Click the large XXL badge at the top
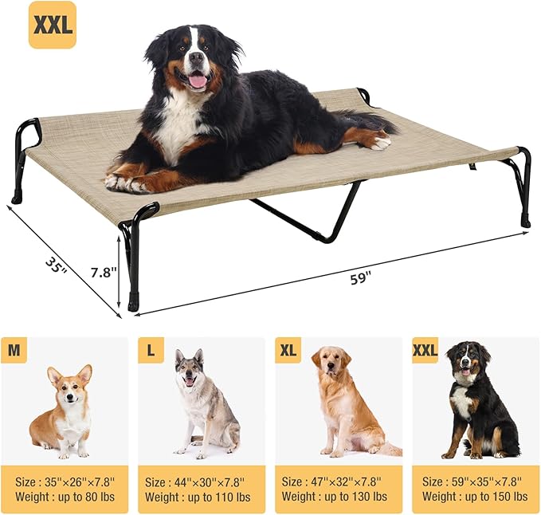53,25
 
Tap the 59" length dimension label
361,278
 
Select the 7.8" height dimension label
103,272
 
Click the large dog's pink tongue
197,80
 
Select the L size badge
151,349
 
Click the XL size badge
288,349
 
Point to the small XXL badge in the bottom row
425,349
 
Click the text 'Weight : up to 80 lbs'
62,497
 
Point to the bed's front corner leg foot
132,305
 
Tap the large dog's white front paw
120,183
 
